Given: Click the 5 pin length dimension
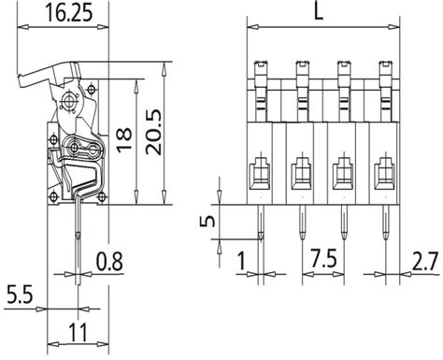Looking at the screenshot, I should click(x=210, y=223).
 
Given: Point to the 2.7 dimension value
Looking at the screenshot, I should click(x=424, y=259).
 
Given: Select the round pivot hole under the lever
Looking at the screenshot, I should click(x=70, y=100).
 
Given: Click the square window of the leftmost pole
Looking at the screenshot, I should click(x=259, y=172).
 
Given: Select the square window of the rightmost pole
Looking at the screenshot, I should click(x=384, y=172).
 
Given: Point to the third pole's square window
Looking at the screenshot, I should click(x=343, y=172).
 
